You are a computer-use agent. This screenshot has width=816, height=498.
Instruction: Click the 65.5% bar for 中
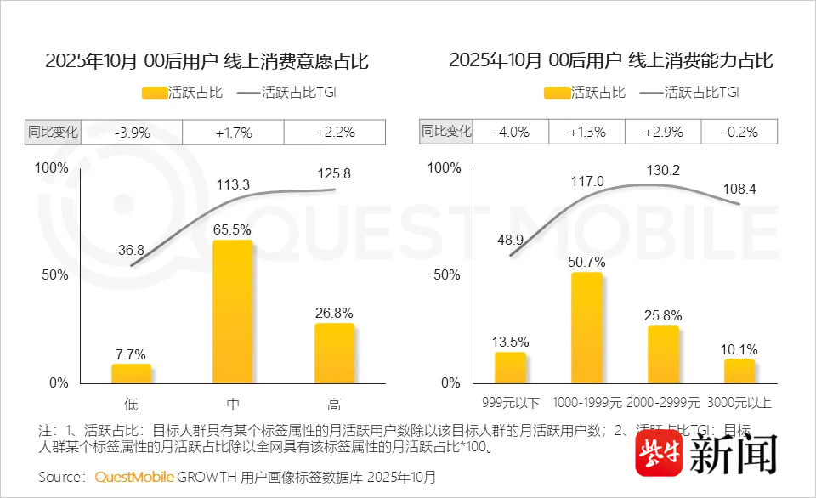pyautogui.click(x=232, y=312)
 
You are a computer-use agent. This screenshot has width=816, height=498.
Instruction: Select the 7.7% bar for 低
pyautogui.click(x=131, y=374)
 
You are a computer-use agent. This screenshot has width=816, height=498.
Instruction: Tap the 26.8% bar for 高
pyautogui.click(x=334, y=354)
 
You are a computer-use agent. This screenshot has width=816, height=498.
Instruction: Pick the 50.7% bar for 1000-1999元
pyautogui.click(x=586, y=328)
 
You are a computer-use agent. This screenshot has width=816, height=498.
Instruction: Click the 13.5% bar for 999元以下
pyautogui.click(x=510, y=367)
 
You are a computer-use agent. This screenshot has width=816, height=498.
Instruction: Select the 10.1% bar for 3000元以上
pyautogui.click(x=739, y=371)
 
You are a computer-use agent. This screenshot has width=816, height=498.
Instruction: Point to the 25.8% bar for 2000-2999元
pyautogui.click(x=663, y=354)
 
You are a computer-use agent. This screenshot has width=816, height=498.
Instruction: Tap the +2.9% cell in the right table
pyautogui.click(x=663, y=132)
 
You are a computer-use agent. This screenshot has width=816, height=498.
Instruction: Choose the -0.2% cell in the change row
pyautogui.click(x=739, y=132)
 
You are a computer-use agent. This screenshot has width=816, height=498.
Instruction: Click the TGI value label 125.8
pyautogui.click(x=334, y=173)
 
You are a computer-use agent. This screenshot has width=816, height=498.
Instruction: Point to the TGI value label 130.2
pyautogui.click(x=663, y=170)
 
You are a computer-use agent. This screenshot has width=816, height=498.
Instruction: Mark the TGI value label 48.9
pyautogui.click(x=510, y=241)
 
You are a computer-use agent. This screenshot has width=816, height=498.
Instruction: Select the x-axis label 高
pyautogui.click(x=334, y=403)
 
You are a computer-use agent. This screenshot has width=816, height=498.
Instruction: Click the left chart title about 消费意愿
pyautogui.click(x=207, y=61)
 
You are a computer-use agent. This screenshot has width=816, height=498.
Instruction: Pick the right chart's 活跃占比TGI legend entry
pyautogui.click(x=689, y=92)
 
